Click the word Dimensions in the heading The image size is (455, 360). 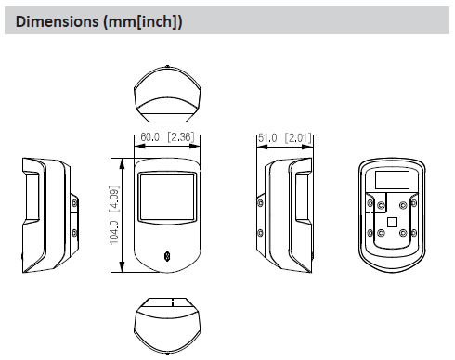click(58, 20)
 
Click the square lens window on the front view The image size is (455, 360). click(168, 198)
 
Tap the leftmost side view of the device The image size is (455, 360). click(45, 213)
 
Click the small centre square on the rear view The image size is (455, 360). click(392, 222)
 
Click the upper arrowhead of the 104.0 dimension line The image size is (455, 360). click(123, 161)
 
